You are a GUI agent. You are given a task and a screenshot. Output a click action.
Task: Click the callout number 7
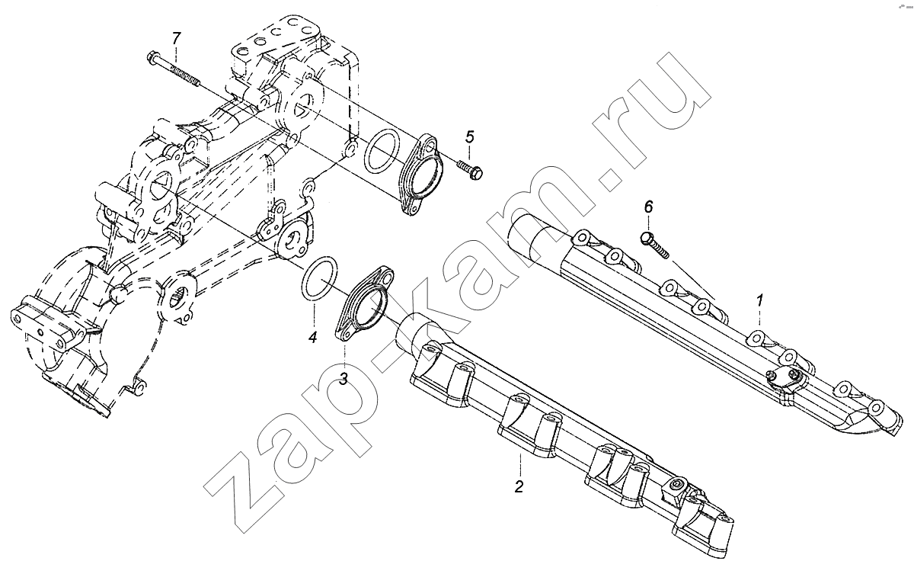click(x=176, y=38)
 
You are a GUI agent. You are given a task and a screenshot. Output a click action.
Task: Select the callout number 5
click(x=470, y=136)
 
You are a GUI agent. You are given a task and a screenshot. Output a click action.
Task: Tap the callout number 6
click(x=648, y=207)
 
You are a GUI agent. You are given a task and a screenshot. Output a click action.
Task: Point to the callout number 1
click(x=759, y=302)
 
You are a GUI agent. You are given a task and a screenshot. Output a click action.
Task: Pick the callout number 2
click(x=519, y=486)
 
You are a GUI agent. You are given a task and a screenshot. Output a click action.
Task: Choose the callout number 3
click(x=344, y=379)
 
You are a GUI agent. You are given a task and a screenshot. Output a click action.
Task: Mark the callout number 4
click(x=312, y=337)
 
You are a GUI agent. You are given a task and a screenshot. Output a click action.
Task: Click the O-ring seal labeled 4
click(x=319, y=278)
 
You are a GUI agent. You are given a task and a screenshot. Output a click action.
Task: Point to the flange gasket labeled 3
click(x=365, y=302)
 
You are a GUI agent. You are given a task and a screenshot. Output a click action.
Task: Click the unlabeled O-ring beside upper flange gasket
click(x=381, y=151)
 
